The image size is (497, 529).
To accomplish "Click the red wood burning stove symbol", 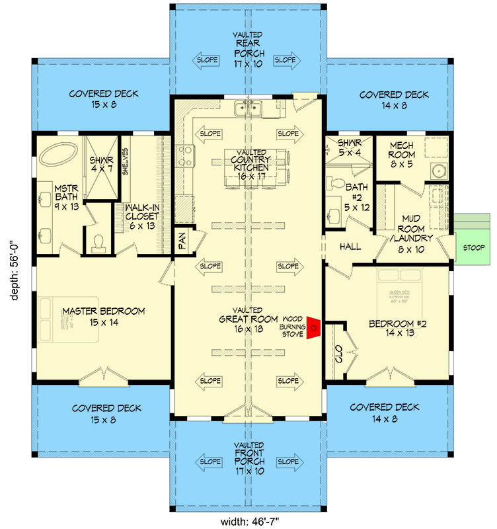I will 316,327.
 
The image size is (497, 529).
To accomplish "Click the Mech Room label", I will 402,154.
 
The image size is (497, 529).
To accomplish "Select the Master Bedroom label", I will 104,317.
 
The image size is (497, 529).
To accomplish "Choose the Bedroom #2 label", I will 391,329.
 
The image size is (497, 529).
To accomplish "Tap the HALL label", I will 350,246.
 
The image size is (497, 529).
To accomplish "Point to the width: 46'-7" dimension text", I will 249,520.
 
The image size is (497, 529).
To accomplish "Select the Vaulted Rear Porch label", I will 249,54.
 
